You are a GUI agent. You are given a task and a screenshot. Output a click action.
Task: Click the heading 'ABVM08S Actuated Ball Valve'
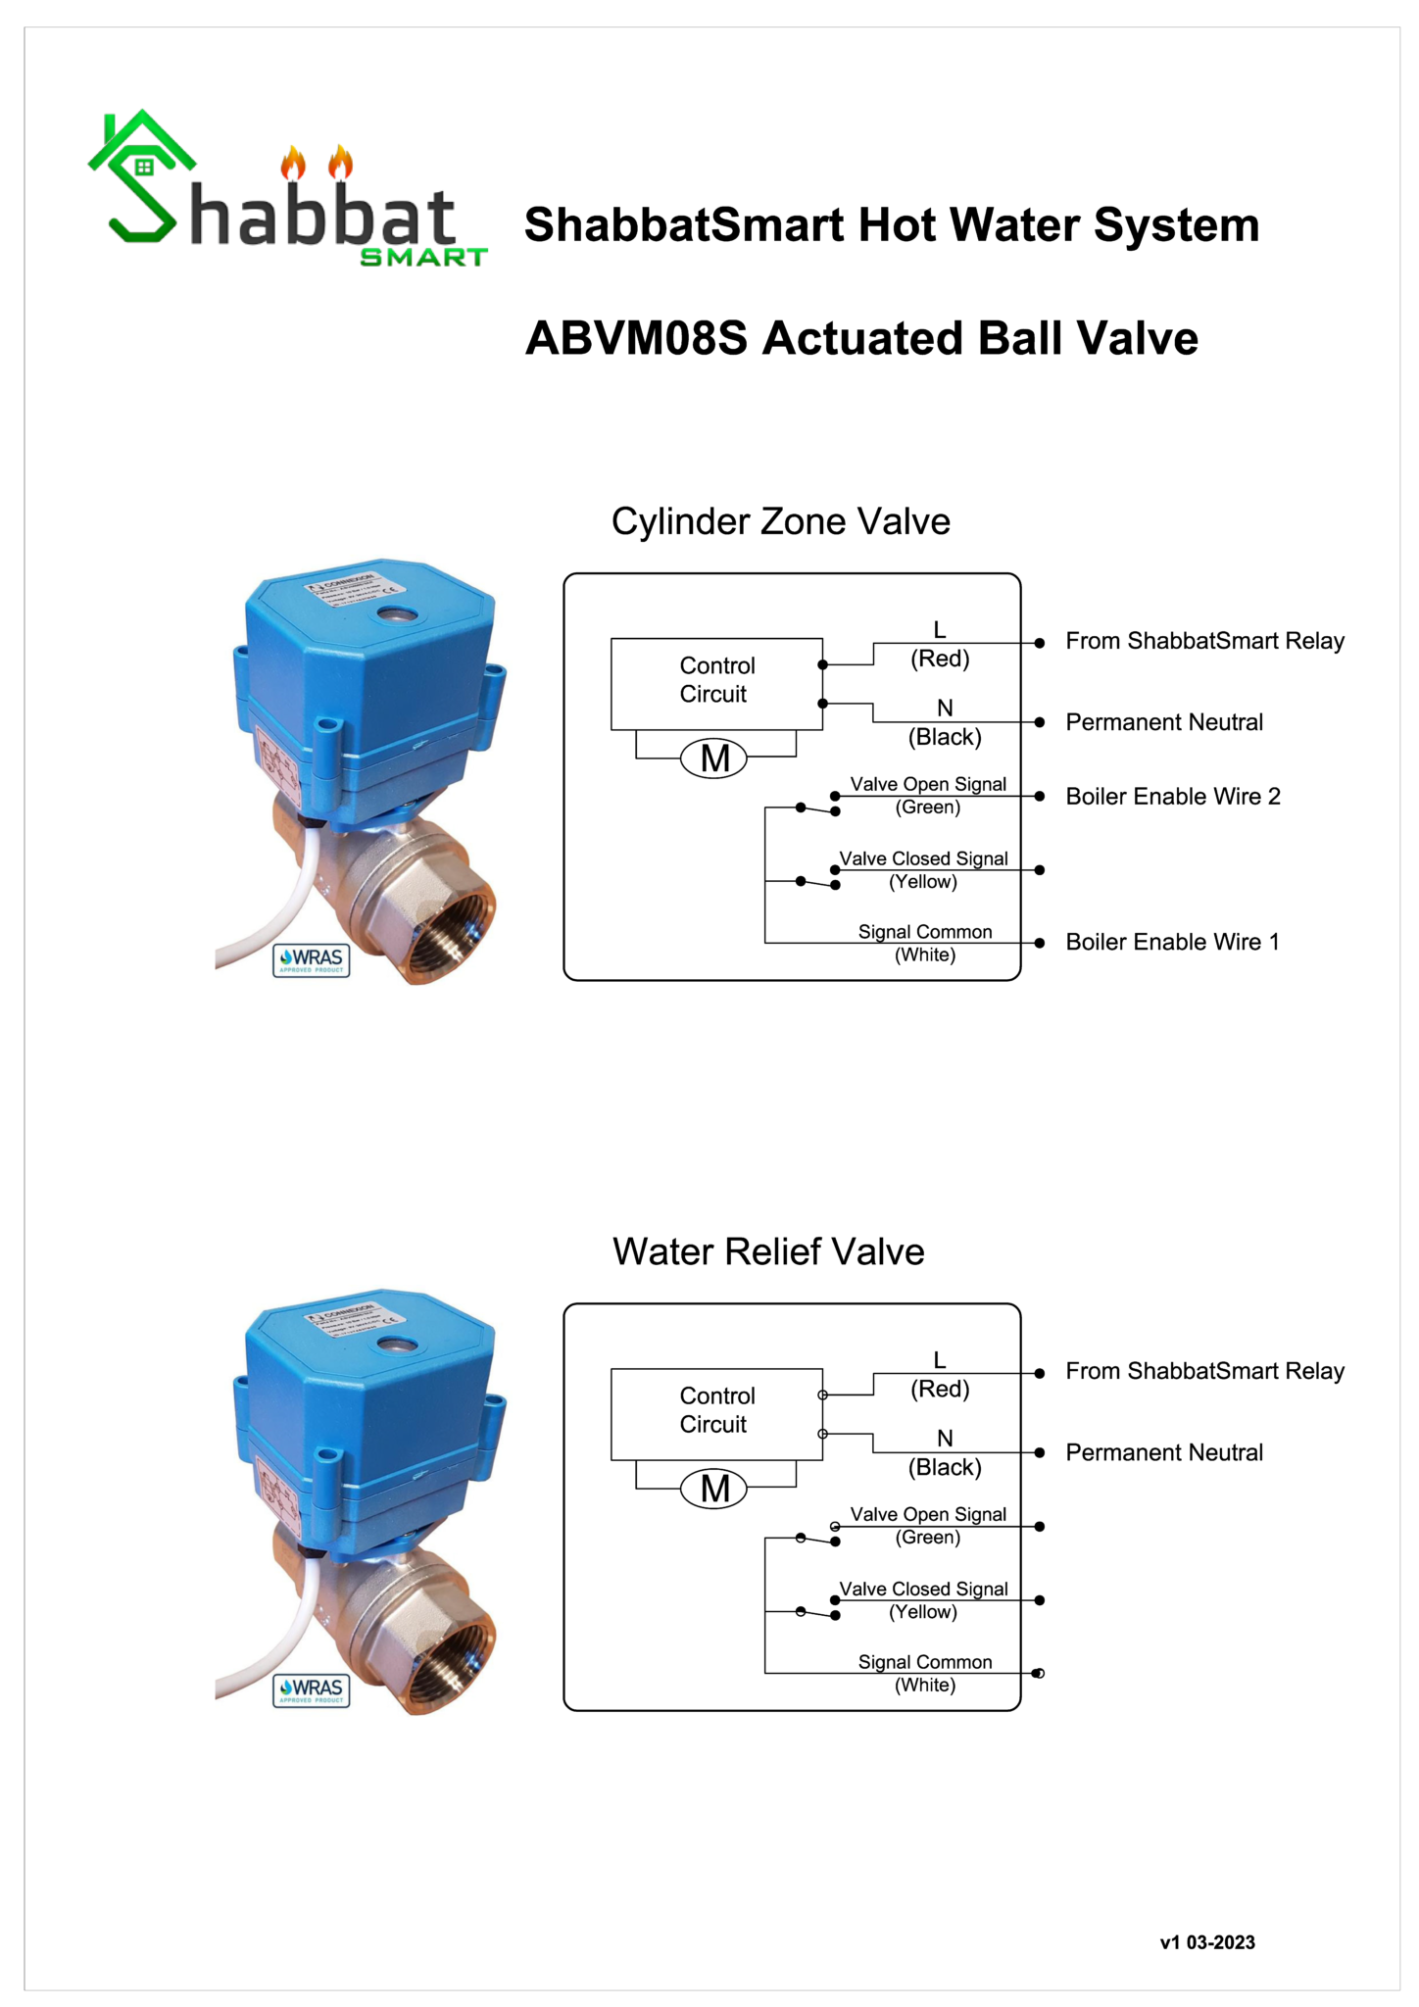pos(861,338)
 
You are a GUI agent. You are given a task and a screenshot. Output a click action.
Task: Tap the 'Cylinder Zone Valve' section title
pos(780,521)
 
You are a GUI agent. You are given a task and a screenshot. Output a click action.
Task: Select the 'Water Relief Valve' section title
pos(768,1251)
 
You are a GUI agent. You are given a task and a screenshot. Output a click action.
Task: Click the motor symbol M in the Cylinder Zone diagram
pos(714,759)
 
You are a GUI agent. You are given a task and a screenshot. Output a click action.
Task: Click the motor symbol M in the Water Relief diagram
pos(714,1489)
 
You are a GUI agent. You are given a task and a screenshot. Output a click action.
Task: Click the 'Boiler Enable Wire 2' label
pos(1172,796)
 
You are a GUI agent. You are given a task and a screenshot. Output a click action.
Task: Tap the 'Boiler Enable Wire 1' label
pos(1172,942)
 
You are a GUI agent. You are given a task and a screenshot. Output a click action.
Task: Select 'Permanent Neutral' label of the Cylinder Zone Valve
pos(1164,722)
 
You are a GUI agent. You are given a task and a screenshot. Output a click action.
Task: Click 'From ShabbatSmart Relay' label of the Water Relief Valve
pos(1204,1371)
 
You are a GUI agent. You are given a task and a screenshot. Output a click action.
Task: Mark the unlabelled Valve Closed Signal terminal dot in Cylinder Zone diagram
pos(1040,870)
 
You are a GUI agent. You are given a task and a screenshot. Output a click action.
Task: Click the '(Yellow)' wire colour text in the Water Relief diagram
pos(923,1612)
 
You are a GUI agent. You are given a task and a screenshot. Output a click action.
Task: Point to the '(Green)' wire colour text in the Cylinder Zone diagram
pos(927,808)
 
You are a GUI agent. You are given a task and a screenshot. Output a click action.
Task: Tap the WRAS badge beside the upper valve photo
pos(312,959)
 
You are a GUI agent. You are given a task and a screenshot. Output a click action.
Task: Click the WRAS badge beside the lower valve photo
pos(312,1689)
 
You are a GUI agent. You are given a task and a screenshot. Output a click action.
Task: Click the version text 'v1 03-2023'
pos(1207,1942)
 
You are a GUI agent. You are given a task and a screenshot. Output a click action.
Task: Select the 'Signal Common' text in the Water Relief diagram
pos(925,1662)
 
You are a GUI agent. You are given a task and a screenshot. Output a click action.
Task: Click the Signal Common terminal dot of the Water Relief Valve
pos(1039,1673)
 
